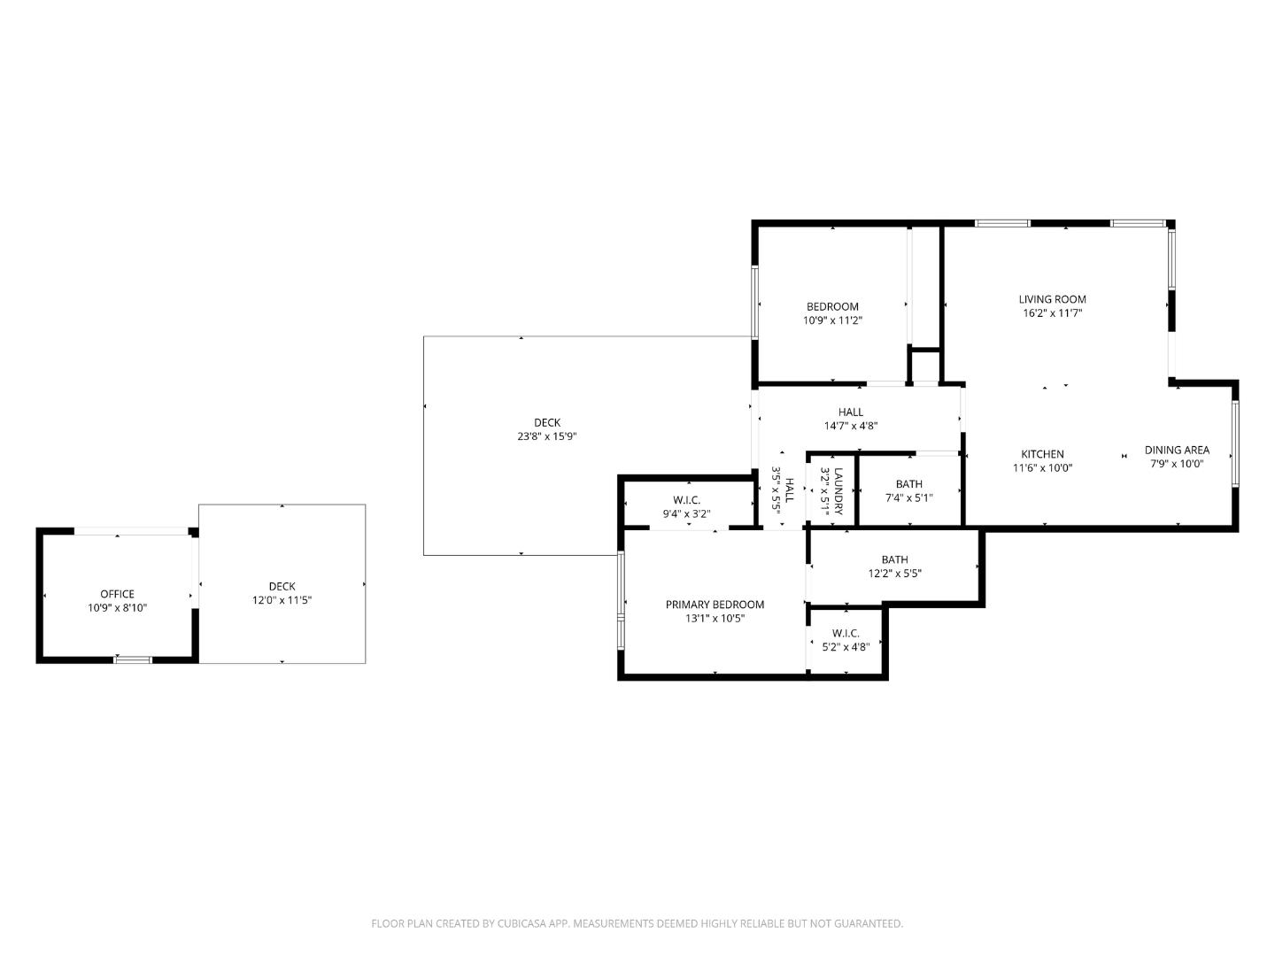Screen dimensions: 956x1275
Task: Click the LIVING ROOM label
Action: [1052, 299]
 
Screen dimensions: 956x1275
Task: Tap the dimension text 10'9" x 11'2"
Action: [832, 320]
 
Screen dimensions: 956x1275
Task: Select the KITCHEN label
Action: [1042, 454]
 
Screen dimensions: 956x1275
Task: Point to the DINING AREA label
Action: [1177, 450]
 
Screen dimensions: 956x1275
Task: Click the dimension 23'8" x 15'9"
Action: [547, 436]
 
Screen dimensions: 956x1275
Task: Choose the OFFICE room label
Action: [117, 594]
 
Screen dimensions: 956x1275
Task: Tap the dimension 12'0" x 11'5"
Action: [282, 600]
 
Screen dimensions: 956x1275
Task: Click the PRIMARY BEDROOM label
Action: [715, 605]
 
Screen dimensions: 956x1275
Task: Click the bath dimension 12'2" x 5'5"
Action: [894, 574]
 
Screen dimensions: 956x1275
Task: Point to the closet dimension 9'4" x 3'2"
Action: [686, 513]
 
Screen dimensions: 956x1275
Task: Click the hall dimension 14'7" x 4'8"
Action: [851, 426]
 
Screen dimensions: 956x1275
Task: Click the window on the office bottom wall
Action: [133, 659]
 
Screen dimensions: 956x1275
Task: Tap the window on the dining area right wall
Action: [1234, 443]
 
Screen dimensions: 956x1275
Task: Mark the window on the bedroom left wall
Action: [755, 302]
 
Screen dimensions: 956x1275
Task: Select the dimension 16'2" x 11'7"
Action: [1052, 313]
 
